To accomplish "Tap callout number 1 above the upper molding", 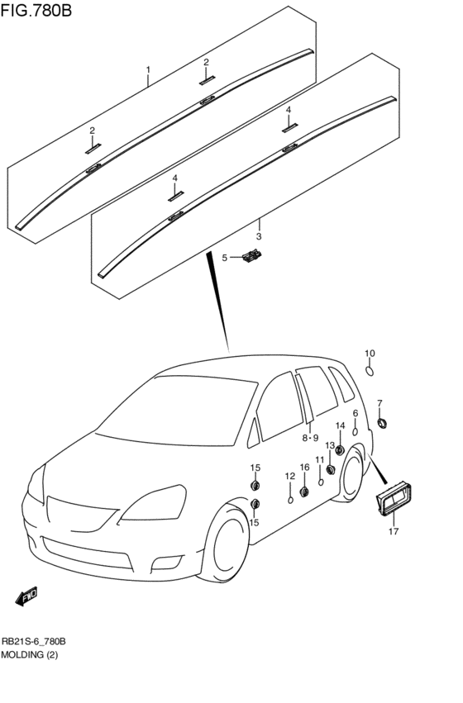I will pos(148,69).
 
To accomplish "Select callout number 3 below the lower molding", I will pos(259,236).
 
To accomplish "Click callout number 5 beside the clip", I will pos(223,259).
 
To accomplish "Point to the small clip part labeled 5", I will pos(249,260).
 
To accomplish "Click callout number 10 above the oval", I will pos(370,354).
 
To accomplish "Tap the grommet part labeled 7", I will pos(383,423).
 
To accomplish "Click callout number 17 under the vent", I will pos(394,531).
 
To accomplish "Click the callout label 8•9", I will pos(310,438).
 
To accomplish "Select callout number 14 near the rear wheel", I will pos(340,425).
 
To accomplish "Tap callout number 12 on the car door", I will pos(290,476).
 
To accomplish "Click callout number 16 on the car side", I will pos(304,468).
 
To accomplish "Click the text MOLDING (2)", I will pos(30,654).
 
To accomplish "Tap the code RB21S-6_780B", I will pos(34,641).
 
